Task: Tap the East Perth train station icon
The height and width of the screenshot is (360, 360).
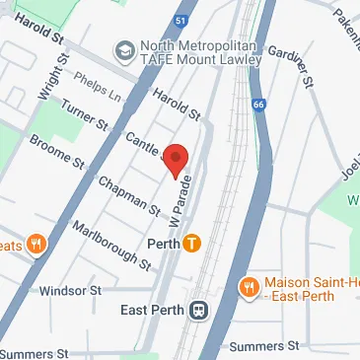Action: coord(199,310)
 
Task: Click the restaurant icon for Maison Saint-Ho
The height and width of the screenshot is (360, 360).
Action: coord(248,287)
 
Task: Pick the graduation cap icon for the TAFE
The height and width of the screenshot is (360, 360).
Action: coord(125,49)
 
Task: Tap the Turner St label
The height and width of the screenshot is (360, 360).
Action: coord(84,116)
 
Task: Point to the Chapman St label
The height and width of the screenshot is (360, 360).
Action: coord(127,194)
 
